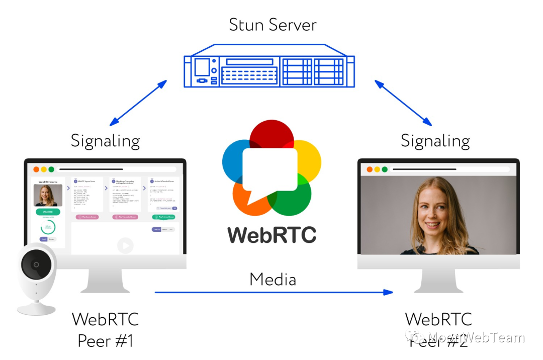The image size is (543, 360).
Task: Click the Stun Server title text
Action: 273,24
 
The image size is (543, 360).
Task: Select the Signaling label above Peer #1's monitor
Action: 105,141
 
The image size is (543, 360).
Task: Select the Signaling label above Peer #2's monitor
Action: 435,141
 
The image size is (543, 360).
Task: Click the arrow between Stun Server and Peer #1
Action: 138,103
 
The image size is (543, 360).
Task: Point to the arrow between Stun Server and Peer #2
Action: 403,103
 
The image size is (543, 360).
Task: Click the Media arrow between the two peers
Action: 274,292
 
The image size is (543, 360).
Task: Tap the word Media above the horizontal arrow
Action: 273,279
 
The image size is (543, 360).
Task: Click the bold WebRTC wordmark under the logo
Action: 272,235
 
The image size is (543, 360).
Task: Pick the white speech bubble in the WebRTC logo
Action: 270,169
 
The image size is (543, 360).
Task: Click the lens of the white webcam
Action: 36,264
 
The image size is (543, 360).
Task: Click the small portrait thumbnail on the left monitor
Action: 48,195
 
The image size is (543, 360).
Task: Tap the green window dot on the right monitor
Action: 385,169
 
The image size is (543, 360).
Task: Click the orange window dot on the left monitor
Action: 36,169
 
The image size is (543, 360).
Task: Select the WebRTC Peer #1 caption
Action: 105,329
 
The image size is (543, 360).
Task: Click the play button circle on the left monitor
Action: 125,246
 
